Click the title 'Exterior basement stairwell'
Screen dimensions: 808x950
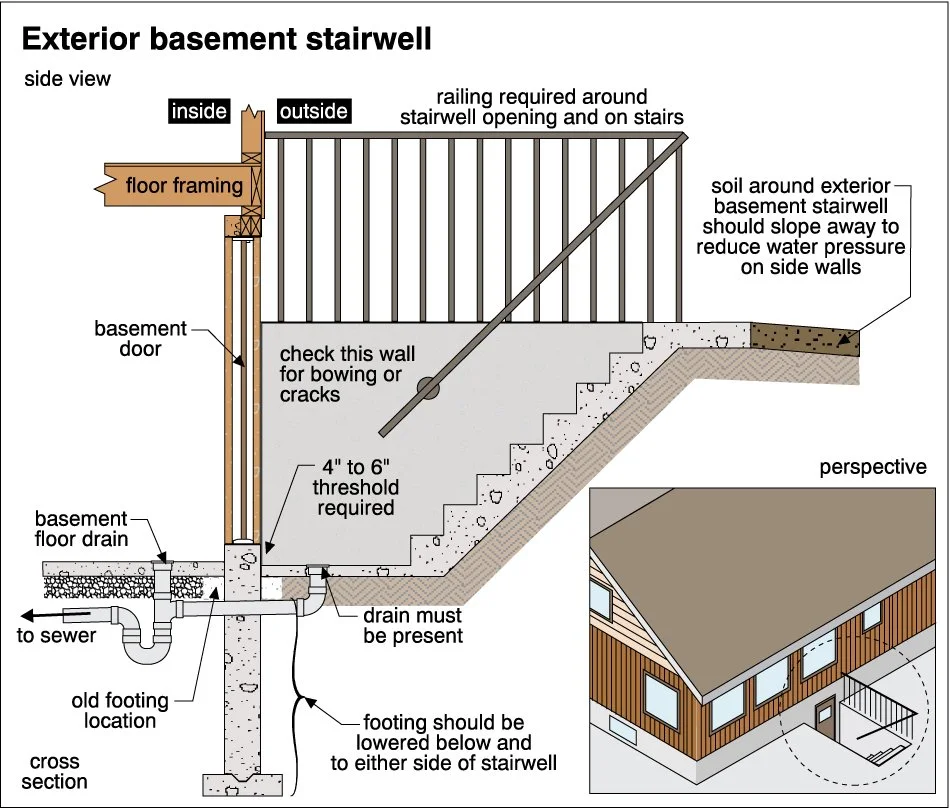[226, 39]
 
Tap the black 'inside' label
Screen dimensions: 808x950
[199, 111]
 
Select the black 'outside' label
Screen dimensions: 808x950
[313, 111]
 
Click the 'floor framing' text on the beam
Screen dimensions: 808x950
[184, 185]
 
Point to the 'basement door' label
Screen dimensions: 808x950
[141, 339]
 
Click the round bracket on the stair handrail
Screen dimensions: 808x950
[428, 388]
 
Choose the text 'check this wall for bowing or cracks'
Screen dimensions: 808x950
[346, 374]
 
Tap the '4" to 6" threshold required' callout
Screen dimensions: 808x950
[356, 488]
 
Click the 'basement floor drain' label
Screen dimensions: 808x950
[81, 529]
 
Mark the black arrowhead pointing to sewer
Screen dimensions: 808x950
[30, 615]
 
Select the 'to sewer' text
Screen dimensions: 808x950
[58, 636]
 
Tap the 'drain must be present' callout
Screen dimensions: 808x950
[412, 626]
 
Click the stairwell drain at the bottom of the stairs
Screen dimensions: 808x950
[318, 572]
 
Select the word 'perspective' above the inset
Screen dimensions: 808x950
[872, 467]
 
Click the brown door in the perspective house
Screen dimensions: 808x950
[826, 717]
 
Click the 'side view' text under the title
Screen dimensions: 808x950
[68, 79]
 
